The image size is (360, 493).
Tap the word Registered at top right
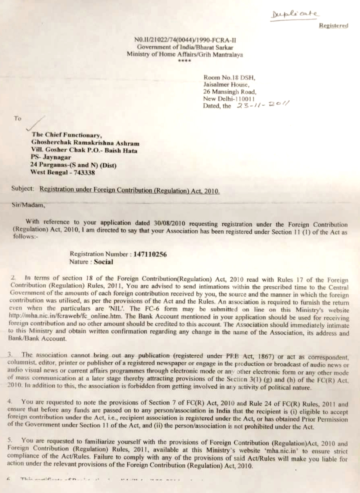(x=333, y=25)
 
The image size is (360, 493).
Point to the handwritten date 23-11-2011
(x=259, y=105)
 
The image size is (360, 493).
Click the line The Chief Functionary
(x=67, y=135)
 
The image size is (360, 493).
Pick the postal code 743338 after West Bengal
(x=80, y=171)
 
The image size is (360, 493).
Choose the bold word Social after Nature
(x=103, y=262)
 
